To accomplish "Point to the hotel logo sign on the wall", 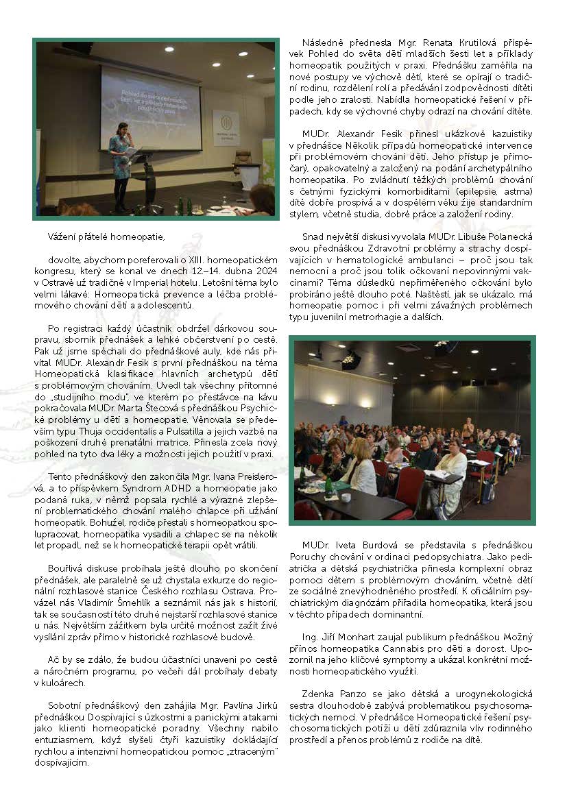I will [226, 127].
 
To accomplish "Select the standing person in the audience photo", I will [469, 428].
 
